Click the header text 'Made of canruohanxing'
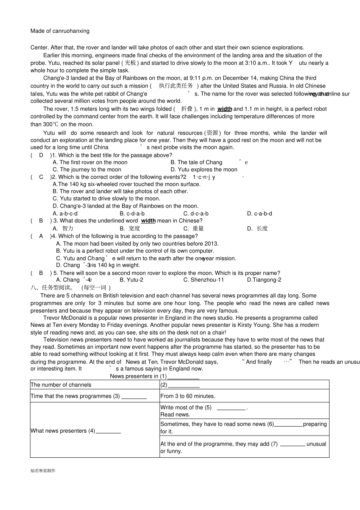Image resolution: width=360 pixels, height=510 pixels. coord(60,31)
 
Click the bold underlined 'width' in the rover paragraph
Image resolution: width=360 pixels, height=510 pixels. coord(224,109)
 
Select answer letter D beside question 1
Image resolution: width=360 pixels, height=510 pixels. coord(41,155)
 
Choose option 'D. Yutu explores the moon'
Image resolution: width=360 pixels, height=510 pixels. coord(204,170)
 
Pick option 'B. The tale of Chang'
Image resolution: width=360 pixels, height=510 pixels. coord(196,163)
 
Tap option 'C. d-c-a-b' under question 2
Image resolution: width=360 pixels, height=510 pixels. coord(196,214)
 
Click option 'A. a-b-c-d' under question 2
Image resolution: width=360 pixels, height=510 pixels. coord(65,214)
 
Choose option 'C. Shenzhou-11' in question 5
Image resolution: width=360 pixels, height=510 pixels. coord(203,280)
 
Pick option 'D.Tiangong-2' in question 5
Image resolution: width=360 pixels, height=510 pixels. coord(264,280)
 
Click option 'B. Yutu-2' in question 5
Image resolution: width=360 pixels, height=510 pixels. coord(131,280)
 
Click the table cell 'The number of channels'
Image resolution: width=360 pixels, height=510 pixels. coord(61,385)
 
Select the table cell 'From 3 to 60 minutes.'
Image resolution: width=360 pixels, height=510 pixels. coord(188,396)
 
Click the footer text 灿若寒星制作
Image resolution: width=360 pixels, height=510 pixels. coord(43,471)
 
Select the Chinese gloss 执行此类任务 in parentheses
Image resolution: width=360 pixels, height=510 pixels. coord(176,86)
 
